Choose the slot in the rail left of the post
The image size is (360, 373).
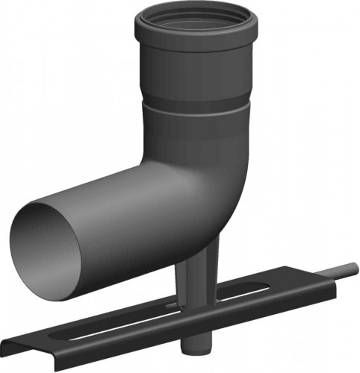pyautogui.click(x=112, y=328)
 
